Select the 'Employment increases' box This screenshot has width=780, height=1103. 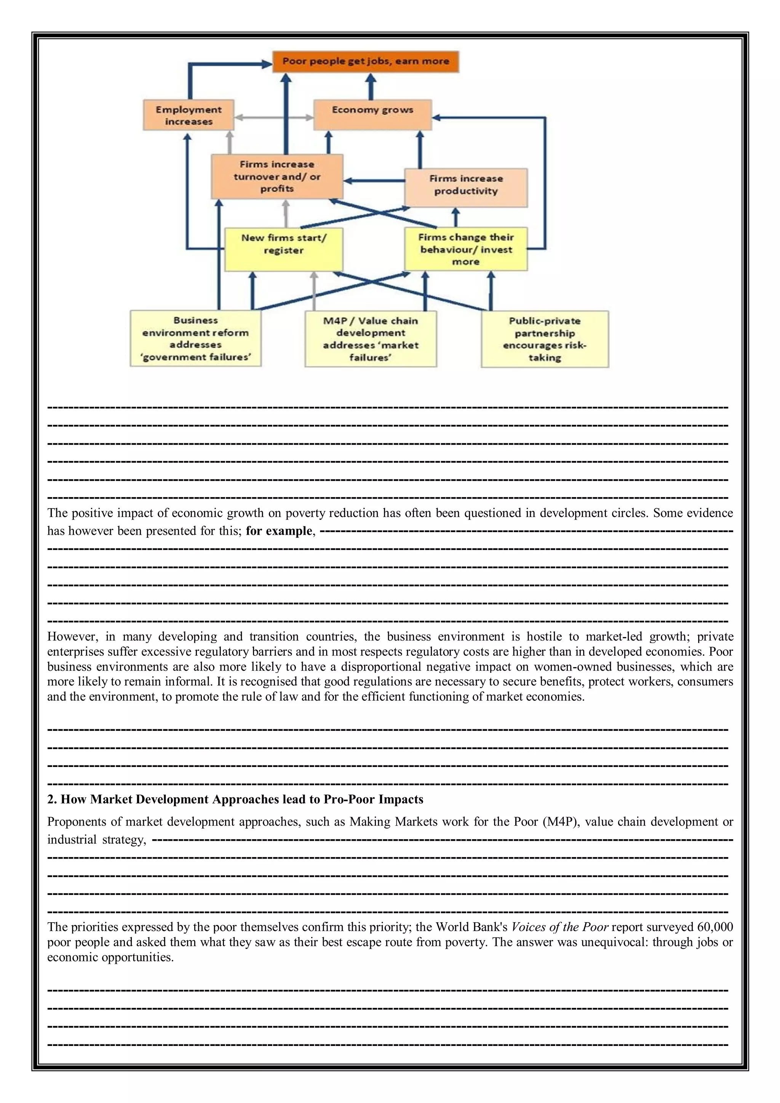[x=189, y=115]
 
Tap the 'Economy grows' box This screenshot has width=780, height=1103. [x=372, y=115]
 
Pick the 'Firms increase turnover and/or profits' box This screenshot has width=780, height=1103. [x=277, y=176]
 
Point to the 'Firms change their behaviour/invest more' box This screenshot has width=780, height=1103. [x=466, y=249]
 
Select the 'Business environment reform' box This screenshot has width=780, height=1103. [x=196, y=338]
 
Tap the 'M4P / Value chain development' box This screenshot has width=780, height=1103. [x=371, y=339]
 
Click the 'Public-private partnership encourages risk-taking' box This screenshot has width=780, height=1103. [x=545, y=339]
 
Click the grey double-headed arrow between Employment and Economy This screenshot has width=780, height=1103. [x=273, y=117]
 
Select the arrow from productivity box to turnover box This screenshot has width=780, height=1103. [x=374, y=181]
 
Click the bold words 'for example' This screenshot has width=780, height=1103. [x=279, y=531]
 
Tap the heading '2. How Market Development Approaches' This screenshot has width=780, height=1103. [x=235, y=799]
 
